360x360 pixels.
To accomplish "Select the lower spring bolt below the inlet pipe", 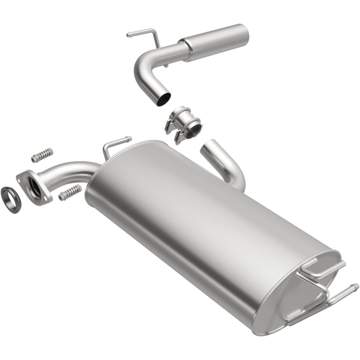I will tap(70, 193).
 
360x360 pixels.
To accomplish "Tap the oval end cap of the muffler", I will tap(298, 288).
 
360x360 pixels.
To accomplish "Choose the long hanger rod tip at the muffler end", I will tap(355, 285).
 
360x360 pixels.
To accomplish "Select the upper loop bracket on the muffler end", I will tap(314, 267).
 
